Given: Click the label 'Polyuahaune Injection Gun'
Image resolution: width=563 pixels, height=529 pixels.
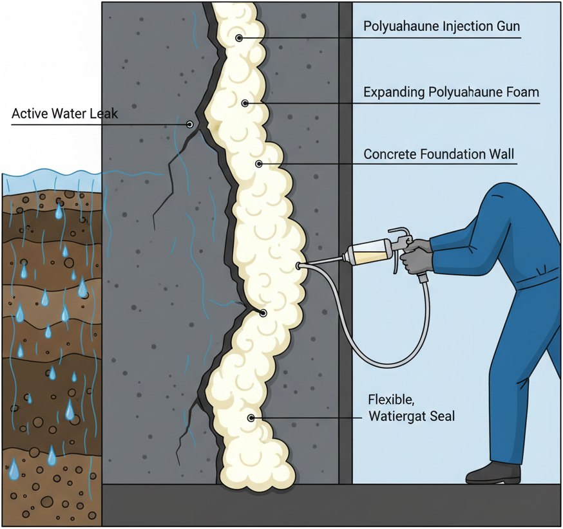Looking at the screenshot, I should click(441, 27).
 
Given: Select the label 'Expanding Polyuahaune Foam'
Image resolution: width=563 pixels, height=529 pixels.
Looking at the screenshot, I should click(451, 92).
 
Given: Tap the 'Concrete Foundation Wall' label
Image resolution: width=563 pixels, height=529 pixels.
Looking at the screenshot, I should click(440, 154).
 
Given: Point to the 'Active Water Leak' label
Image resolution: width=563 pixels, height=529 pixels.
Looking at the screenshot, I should click(64, 115).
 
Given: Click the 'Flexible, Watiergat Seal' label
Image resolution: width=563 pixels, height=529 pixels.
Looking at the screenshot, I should click(411, 407).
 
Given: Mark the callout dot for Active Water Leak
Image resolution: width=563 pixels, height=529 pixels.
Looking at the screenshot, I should click(190, 124).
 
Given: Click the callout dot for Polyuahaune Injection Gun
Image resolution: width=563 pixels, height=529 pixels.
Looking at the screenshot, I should click(239, 38).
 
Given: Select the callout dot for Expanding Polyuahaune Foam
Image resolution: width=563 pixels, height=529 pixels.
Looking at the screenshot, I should click(245, 103).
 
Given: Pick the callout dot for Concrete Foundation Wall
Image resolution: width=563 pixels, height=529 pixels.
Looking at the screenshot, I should click(259, 164).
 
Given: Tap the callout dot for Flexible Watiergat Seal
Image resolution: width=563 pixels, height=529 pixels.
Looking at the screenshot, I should click(251, 418).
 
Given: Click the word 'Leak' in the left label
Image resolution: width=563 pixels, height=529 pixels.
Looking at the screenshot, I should click(105, 115).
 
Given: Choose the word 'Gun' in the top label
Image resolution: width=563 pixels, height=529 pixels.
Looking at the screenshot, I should click(507, 27).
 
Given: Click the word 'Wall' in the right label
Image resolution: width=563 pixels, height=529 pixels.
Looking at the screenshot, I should click(503, 154).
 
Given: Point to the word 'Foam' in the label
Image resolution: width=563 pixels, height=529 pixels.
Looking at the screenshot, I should click(524, 92).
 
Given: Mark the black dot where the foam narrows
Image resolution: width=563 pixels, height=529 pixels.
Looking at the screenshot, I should click(263, 313).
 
